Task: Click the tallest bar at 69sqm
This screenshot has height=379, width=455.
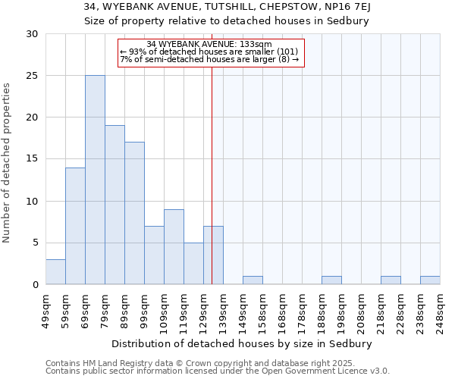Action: click(95, 180)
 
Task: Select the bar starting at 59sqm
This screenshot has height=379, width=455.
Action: click(75, 226)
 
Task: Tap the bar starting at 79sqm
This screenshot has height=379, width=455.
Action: click(115, 205)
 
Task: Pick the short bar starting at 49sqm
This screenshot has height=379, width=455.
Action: click(55, 272)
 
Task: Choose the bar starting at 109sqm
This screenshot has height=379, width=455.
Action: click(174, 247)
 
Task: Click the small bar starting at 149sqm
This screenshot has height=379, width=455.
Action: click(253, 280)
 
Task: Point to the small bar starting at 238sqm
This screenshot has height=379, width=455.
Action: click(430, 280)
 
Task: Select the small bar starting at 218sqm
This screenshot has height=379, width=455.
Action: click(391, 280)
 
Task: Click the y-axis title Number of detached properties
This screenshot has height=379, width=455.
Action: click(8, 163)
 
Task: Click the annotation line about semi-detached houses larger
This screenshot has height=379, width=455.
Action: click(209, 59)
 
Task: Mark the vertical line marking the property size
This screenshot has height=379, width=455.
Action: click(212, 174)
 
